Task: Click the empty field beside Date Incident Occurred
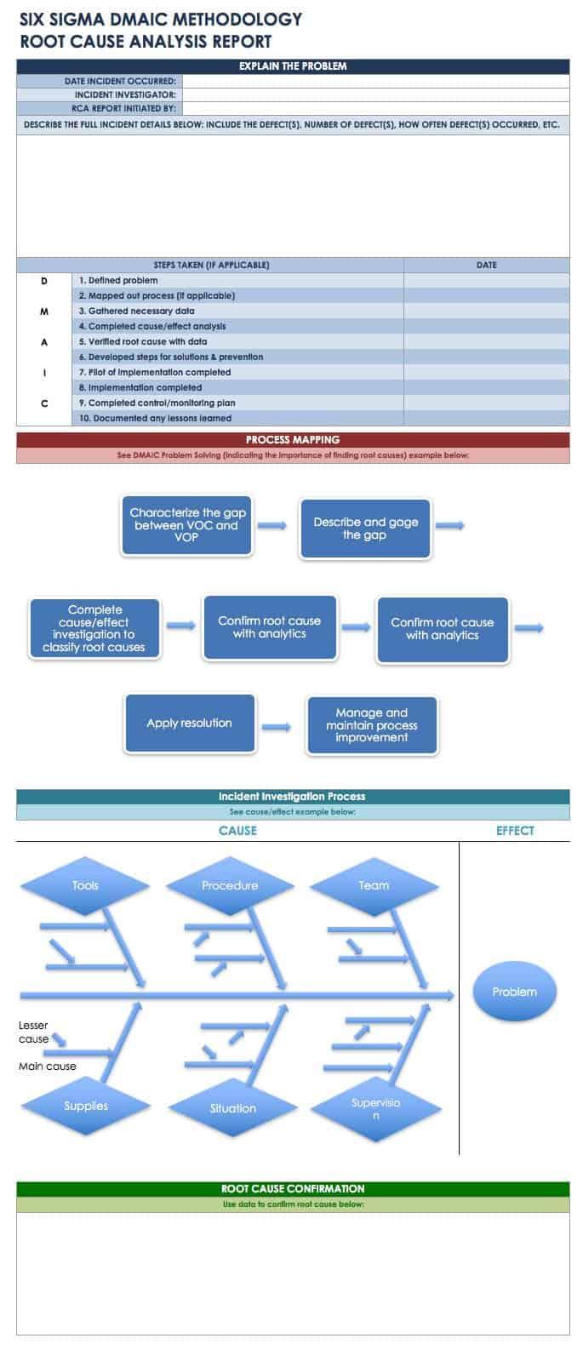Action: (x=375, y=81)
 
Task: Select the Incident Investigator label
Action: (x=125, y=94)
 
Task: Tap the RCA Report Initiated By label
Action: (x=123, y=108)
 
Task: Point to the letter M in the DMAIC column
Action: (x=44, y=312)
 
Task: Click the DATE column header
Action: (x=486, y=265)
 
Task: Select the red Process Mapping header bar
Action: (x=293, y=440)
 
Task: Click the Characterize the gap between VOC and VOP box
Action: (x=187, y=525)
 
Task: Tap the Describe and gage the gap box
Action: (x=365, y=529)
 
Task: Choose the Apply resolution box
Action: (x=189, y=723)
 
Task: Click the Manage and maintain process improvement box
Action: (x=371, y=725)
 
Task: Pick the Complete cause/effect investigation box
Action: (x=94, y=629)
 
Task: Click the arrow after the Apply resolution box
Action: (x=276, y=727)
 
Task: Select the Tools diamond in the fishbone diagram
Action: (x=85, y=885)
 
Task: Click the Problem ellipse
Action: (x=514, y=992)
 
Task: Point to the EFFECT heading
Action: (x=515, y=831)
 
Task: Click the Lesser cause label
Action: (x=34, y=1032)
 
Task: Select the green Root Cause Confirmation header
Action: (x=293, y=1188)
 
